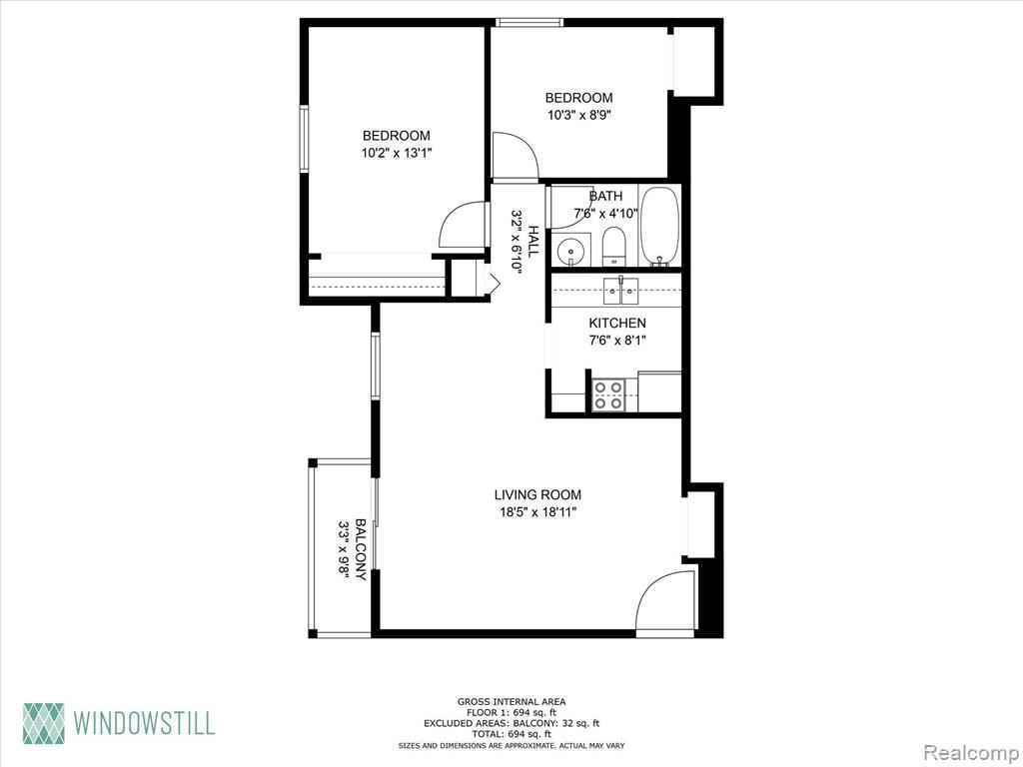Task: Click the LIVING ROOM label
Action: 537,495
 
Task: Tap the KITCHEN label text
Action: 617,323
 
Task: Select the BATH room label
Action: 605,196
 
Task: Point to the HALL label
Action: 533,242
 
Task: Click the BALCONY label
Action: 360,550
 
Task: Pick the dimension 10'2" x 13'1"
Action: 396,153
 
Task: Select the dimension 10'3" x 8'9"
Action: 578,116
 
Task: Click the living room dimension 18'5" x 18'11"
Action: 537,512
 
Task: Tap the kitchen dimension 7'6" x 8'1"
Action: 617,340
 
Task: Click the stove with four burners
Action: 608,395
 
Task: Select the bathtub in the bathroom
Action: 659,226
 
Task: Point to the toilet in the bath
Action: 613,248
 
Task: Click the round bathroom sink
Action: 571,251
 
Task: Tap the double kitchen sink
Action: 620,291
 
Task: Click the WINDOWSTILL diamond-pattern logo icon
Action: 44,723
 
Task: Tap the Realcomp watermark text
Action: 970,752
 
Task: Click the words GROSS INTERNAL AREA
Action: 511,702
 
